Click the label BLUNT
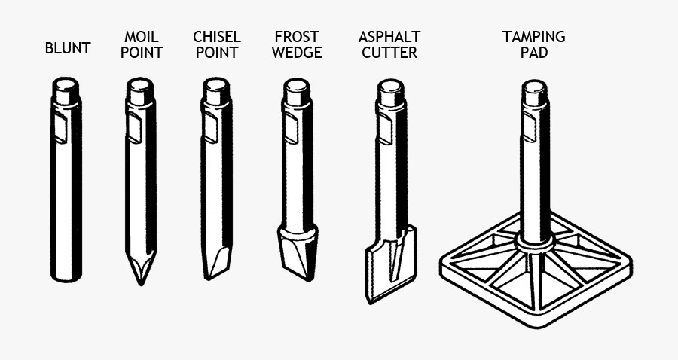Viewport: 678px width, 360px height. tap(68, 49)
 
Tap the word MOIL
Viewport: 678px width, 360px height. tap(141, 37)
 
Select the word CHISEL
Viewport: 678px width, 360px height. tap(217, 37)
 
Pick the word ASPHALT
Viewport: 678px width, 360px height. tap(389, 37)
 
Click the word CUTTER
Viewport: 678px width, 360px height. tap(389, 53)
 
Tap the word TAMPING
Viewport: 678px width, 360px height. tap(534, 37)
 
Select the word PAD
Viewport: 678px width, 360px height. tap(534, 53)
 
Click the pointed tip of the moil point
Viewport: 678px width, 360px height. tap(141, 282)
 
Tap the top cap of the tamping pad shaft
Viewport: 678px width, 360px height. tap(535, 92)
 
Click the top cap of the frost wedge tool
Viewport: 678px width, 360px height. tap(297, 92)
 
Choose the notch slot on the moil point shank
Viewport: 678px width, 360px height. tap(133, 128)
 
